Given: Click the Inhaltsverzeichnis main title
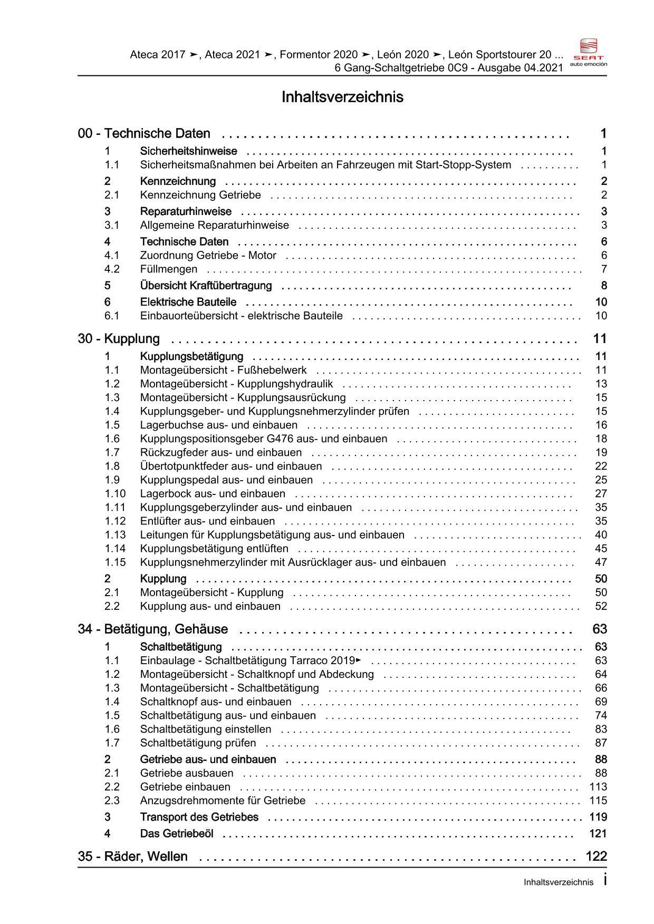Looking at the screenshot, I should click(342, 97).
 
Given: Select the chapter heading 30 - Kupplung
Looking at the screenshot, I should click(119, 339).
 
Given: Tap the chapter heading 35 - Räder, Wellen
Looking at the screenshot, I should click(133, 857).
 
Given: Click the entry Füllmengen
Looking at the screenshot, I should click(168, 269).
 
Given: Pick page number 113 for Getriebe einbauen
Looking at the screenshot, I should click(598, 787).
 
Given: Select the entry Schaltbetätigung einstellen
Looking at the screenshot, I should click(206, 730).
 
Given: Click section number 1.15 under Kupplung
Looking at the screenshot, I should click(115, 562).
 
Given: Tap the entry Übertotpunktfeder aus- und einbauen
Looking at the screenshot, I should click(230, 466).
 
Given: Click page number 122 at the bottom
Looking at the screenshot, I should click(596, 857).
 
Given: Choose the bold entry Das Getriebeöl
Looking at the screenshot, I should click(177, 834).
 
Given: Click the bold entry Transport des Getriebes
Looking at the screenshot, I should click(199, 818).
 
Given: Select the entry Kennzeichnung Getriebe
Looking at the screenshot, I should click(200, 195).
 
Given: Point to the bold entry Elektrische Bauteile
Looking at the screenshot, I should click(188, 303).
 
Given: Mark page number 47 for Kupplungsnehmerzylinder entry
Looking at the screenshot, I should click(601, 562).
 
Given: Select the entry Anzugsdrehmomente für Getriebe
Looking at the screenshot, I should click(223, 801).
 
